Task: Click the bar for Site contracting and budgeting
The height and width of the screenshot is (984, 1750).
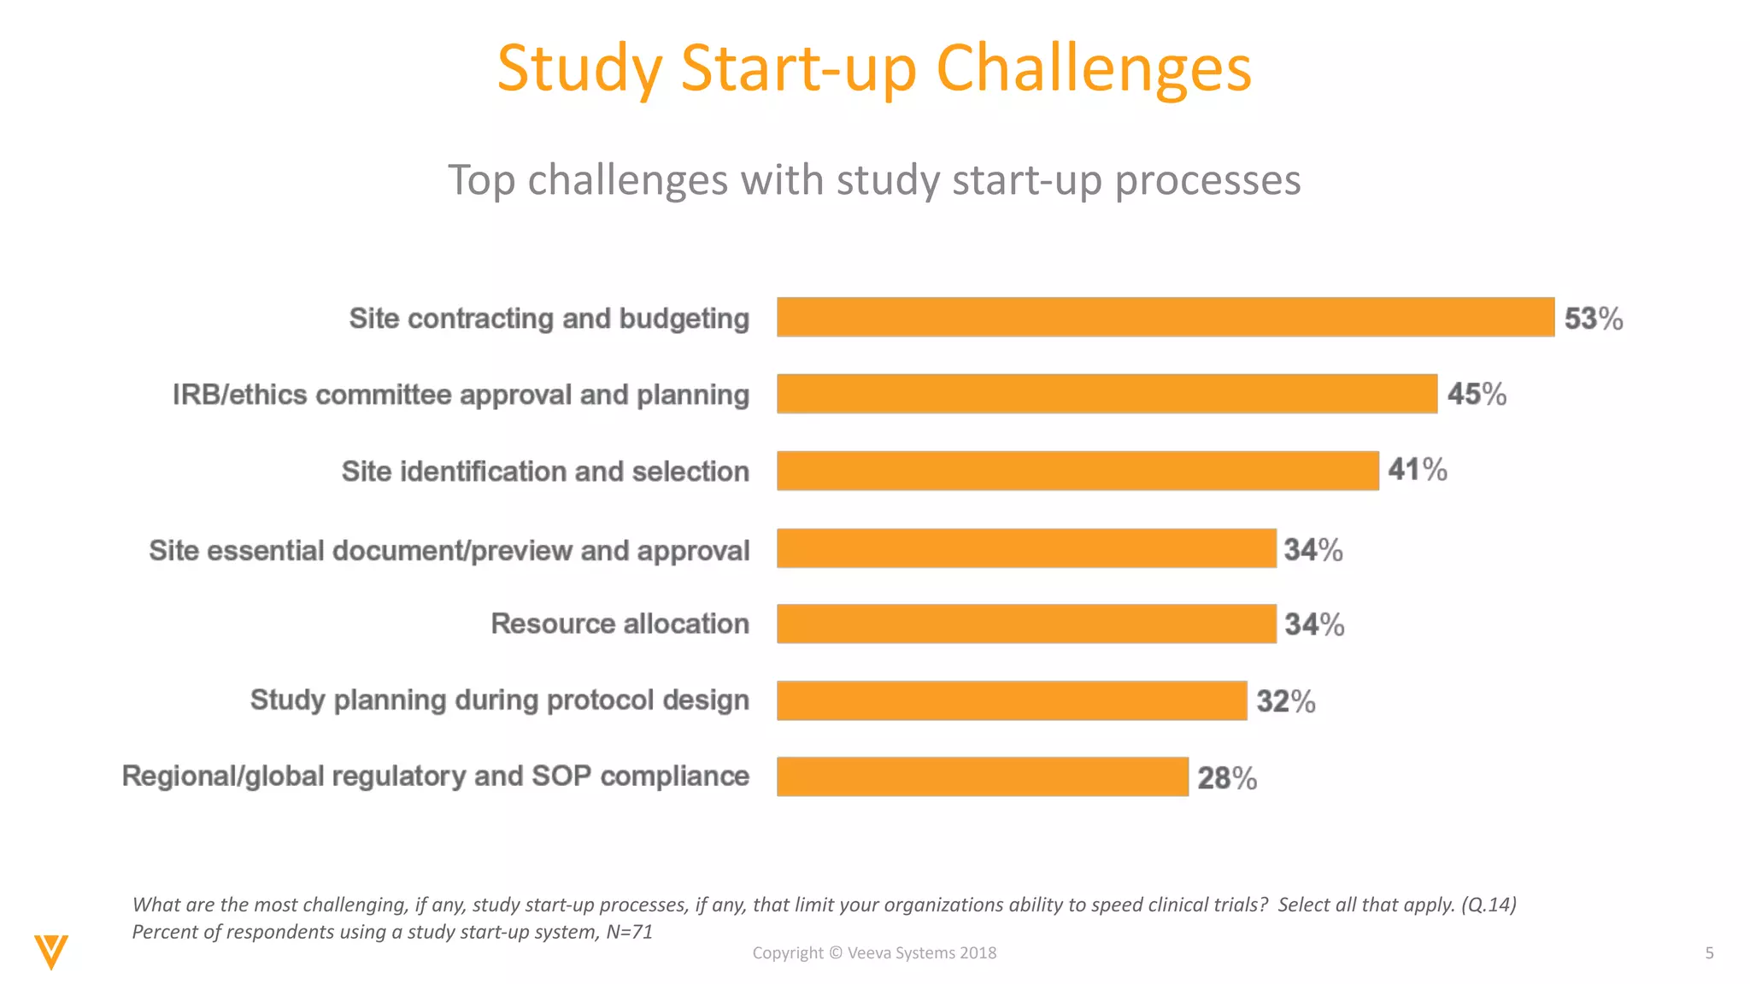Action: coord(1165,317)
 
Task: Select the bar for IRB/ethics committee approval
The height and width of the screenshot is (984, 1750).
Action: coord(1107,394)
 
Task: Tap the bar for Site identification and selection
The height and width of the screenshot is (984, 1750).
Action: coord(1077,471)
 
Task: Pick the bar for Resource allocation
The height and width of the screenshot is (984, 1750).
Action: coord(1025,624)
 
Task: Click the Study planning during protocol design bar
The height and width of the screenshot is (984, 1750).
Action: coord(1011,700)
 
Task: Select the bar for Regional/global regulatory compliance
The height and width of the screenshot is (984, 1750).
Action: coord(982,776)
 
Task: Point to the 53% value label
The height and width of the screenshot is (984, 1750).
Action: coord(1593,319)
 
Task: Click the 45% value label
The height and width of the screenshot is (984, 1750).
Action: coord(1477,394)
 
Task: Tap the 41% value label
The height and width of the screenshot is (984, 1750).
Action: coord(1417,470)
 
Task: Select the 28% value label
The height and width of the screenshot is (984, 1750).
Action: coord(1226,778)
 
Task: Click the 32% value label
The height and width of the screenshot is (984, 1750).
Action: coord(1285,701)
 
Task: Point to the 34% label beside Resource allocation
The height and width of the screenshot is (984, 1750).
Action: coord(1314,624)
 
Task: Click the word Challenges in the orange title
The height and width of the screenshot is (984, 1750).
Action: coord(1093,68)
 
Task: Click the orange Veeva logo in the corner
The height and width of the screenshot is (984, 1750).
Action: coord(51,952)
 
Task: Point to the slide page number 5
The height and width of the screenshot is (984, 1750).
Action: coord(1709,952)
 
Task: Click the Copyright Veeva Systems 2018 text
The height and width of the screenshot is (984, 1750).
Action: coord(874,952)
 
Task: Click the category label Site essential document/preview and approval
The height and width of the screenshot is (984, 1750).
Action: coord(449,550)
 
